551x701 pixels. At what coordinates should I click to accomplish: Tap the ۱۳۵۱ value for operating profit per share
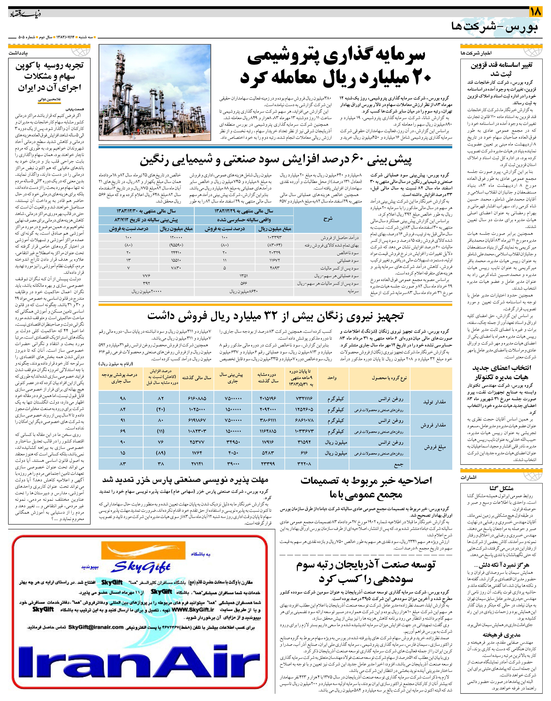click(244, 276)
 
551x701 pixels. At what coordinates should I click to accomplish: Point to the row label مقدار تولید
click(434, 402)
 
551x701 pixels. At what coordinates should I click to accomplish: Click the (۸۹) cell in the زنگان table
click(161, 453)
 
